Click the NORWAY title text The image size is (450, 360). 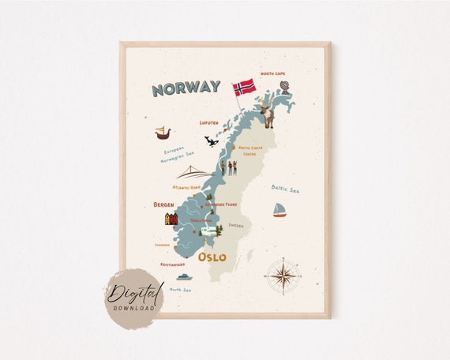tap(186, 88)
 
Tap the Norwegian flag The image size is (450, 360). tap(244, 86)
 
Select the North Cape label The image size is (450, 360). tap(273, 73)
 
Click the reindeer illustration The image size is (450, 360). tap(268, 116)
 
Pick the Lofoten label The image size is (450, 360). tap(209, 123)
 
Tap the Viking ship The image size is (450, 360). tap(163, 133)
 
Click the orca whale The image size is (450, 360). tap(212, 141)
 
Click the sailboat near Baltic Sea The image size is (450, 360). tap(279, 209)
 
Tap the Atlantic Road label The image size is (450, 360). tap(188, 188)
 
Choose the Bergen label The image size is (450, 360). tap(164, 204)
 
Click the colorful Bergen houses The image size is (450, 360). tap(171, 219)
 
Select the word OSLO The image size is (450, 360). tap(212, 257)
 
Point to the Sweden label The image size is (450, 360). tap(236, 225)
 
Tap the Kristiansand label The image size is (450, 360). tap(172, 264)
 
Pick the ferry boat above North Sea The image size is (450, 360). tap(184, 277)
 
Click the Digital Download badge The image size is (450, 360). tap(134, 298)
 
